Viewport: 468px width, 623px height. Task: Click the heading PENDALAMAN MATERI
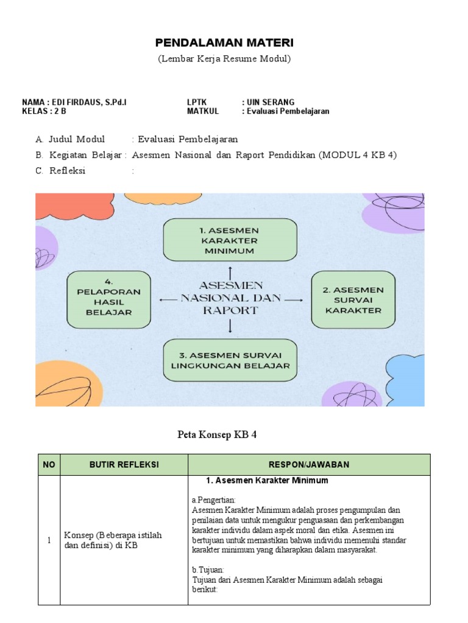click(224, 43)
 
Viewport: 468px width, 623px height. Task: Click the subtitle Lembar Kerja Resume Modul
click(224, 59)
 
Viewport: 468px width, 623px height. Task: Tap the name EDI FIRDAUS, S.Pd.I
click(88, 102)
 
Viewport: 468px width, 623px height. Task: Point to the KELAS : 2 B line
click(44, 111)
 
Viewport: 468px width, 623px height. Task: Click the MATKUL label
click(202, 111)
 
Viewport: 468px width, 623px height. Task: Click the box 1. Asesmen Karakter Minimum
click(230, 240)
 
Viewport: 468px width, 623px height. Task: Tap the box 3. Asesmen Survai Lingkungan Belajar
click(230, 361)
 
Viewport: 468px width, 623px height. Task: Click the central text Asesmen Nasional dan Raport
click(230, 298)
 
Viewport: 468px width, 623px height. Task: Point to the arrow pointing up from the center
click(230, 271)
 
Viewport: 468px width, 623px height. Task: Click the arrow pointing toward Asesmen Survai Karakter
click(293, 299)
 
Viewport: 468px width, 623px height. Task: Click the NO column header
click(49, 465)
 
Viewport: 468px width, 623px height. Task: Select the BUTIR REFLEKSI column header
click(124, 465)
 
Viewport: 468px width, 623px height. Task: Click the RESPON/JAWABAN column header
click(309, 465)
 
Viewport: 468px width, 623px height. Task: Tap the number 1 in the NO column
click(49, 540)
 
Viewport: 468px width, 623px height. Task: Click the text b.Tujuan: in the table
click(208, 570)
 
